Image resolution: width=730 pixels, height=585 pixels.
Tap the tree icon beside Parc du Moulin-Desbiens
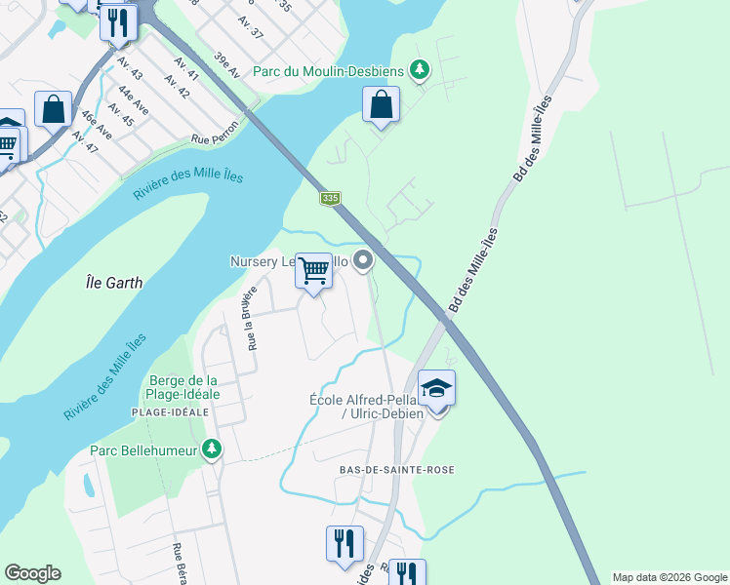point(419,69)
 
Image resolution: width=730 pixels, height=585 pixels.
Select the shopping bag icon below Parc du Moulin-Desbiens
point(381,104)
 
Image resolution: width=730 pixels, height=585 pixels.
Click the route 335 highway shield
point(330,198)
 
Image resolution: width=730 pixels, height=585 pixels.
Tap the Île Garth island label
point(113,283)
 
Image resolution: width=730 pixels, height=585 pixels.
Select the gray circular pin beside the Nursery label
point(363,259)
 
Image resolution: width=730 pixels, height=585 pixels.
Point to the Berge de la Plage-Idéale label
point(184,387)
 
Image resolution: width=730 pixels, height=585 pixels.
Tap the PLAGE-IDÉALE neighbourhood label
point(172,412)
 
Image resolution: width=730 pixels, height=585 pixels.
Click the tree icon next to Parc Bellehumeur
point(211,449)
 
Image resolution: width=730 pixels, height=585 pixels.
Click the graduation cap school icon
point(436,388)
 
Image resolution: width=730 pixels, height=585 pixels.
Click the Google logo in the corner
point(32,572)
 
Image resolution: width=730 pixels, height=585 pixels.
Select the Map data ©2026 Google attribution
point(669,577)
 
